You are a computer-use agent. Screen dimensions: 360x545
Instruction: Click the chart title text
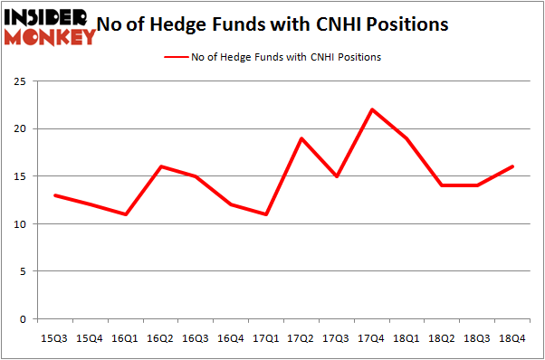tap(284, 24)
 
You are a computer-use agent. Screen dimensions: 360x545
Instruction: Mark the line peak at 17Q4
tap(371, 109)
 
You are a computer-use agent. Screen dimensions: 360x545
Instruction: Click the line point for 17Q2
tap(301, 138)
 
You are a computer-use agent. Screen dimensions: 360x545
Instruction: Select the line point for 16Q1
tap(126, 214)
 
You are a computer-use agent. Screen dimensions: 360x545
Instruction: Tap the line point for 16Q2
tap(161, 166)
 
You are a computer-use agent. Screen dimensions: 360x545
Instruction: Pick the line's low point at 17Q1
tap(266, 214)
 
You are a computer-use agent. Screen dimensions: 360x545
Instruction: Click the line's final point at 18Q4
tap(512, 166)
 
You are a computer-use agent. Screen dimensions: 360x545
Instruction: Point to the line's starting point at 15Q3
tap(55, 195)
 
